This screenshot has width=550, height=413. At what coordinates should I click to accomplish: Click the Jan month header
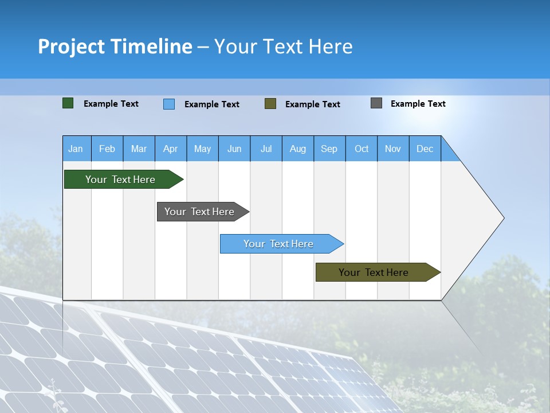76,149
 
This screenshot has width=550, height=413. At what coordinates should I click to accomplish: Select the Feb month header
107,149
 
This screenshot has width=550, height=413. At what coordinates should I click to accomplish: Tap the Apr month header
171,149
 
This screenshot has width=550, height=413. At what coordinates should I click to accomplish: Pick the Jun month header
234,149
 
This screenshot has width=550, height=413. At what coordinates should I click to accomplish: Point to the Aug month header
298,149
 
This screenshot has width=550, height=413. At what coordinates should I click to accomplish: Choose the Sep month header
329,149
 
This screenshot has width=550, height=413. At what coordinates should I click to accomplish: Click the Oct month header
362,149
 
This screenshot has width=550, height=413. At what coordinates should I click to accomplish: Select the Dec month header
425,149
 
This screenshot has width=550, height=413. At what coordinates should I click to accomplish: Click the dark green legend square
68,103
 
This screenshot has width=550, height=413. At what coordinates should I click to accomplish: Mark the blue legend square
169,104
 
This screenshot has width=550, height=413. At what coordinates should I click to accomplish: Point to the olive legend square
270,104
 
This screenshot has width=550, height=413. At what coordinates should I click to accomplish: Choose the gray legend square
376,103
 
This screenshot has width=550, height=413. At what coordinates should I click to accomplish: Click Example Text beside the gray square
418,104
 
